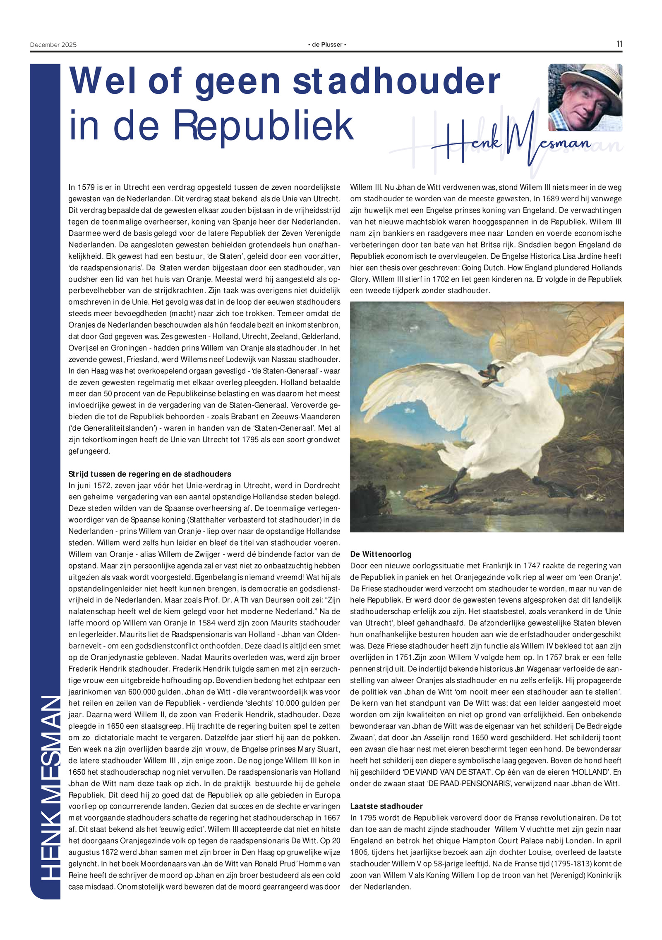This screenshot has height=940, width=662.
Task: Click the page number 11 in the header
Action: pyautogui.click(x=619, y=44)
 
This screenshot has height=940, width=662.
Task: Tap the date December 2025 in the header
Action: pyautogui.click(x=53, y=45)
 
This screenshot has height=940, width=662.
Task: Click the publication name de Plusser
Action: pyautogui.click(x=327, y=45)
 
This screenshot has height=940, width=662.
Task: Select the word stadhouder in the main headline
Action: pyautogui.click(x=396, y=81)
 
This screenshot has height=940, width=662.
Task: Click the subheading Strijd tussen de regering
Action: pyautogui.click(x=150, y=474)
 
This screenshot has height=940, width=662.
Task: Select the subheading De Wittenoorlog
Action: pyautogui.click(x=381, y=554)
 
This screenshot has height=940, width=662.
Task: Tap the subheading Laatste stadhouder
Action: pyautogui.click(x=386, y=806)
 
